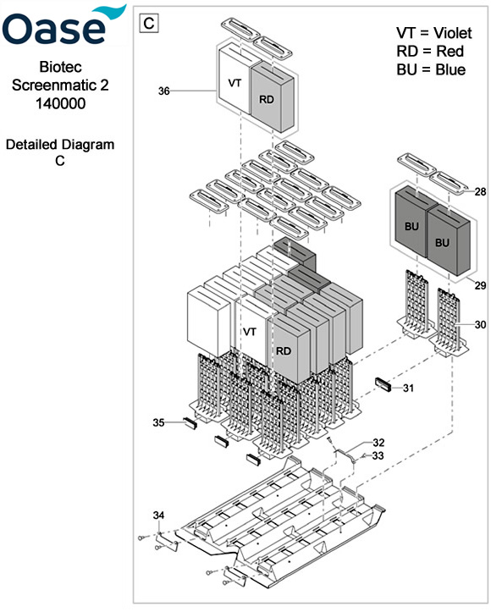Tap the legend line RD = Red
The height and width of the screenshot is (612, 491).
tap(429, 51)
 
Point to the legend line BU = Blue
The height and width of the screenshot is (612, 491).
tap(431, 69)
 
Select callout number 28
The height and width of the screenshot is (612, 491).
tap(480, 193)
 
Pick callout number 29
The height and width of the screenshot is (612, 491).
tap(480, 286)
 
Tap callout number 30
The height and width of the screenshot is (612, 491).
tap(480, 325)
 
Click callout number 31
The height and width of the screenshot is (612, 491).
tap(408, 389)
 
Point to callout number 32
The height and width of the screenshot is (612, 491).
tap(378, 443)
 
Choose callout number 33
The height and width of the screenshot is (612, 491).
tap(378, 456)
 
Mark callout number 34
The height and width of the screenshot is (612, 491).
tap(159, 516)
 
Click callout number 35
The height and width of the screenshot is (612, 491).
tap(159, 422)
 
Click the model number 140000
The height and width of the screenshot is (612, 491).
tap(60, 102)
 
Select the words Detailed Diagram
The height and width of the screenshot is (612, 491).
tap(60, 145)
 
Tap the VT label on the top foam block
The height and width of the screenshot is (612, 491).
tap(235, 84)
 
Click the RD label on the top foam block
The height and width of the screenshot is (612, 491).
tap(267, 99)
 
